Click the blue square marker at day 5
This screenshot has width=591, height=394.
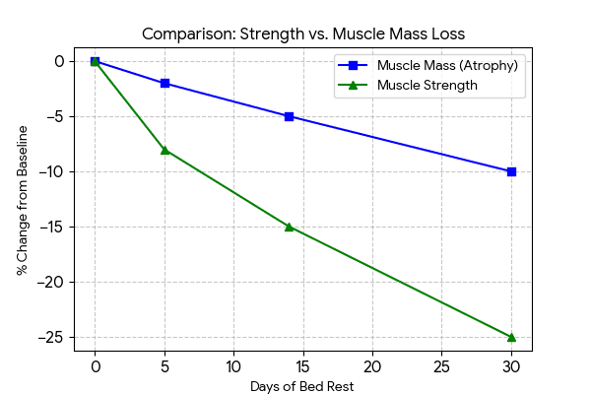tap(164, 83)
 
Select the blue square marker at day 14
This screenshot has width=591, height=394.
tap(289, 116)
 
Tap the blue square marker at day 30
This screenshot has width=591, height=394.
tap(511, 171)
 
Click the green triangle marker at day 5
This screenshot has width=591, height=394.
tap(164, 150)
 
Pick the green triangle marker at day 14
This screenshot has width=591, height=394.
tap(289, 227)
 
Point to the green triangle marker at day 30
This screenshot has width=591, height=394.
tap(511, 337)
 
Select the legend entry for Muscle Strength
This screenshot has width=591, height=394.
tap(427, 86)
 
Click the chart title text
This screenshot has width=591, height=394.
tap(302, 33)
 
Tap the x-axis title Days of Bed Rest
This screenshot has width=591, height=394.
tap(302, 386)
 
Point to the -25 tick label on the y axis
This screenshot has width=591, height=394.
tap(52, 337)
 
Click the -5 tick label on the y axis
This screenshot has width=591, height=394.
tap(56, 116)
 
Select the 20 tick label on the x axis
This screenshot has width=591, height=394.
tap(372, 365)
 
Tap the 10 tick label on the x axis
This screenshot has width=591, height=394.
tap(233, 365)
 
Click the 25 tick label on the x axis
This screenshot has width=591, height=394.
tap(441, 365)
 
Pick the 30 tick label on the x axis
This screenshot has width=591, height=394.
tap(511, 365)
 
